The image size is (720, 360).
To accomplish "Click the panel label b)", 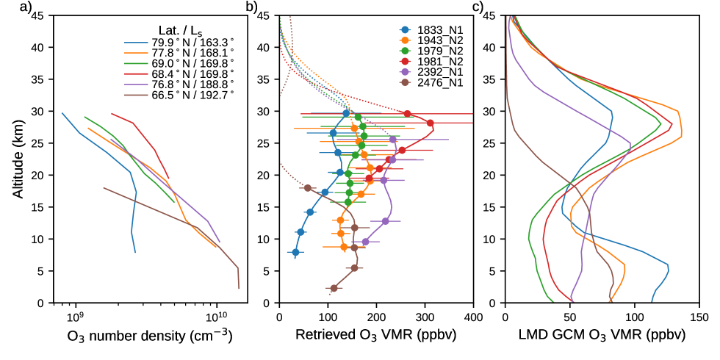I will tap(251, 8).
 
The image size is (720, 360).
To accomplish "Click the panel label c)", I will tap(478, 8).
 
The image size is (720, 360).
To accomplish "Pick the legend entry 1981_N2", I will tap(438, 62).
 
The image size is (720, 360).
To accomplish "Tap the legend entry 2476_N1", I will tap(438, 83).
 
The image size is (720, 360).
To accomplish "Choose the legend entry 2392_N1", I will tap(438, 73).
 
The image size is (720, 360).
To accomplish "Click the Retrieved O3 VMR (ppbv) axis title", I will tap(375, 336).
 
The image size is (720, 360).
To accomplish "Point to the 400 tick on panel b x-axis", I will tap(473, 317).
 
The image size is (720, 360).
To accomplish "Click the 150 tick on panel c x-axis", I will tap(699, 317).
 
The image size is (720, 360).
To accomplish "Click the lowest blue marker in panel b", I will tap(296, 252).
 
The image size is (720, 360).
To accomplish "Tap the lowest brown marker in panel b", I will tap(334, 288).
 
